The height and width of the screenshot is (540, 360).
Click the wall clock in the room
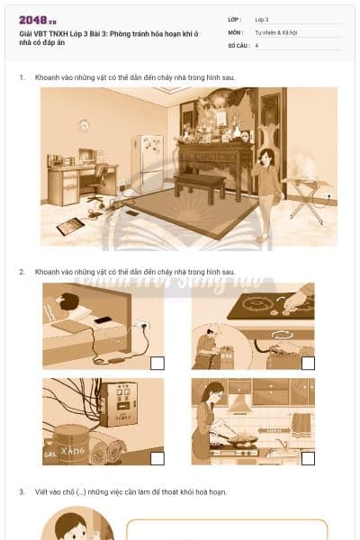[85, 125]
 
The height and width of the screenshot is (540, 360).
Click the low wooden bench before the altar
[201, 184]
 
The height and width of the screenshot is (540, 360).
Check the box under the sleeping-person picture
[157, 363]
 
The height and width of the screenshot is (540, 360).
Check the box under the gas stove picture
[308, 363]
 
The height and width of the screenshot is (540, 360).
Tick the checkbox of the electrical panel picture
[157, 458]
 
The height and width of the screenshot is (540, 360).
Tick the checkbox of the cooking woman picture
[308, 458]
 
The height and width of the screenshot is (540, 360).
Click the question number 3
[22, 492]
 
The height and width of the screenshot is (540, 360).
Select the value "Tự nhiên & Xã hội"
[275, 31]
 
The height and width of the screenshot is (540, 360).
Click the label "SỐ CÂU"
[238, 44]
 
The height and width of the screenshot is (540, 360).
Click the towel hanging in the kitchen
[301, 422]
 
